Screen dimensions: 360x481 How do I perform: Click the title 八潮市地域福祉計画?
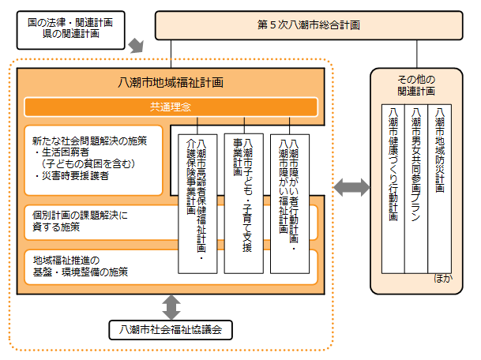(x=171, y=81)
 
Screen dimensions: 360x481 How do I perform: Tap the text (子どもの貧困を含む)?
(x=88, y=163)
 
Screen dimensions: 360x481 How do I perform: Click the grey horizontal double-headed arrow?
(x=351, y=188)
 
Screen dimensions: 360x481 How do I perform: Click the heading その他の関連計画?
(x=417, y=84)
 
